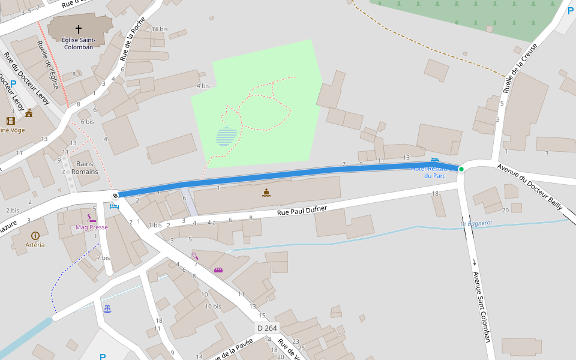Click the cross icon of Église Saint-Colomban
click(x=79, y=29)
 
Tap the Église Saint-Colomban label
click(x=78, y=43)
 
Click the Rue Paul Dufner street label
click(x=302, y=211)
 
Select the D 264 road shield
click(x=268, y=328)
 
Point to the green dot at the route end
click(x=461, y=169)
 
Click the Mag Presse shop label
click(x=92, y=227)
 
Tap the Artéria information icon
click(x=35, y=236)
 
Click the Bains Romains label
click(x=85, y=167)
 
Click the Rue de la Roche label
click(x=133, y=40)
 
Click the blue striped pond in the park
click(x=227, y=136)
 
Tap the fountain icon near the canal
click(x=107, y=308)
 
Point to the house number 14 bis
click(x=160, y=29)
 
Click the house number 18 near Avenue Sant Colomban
click(x=436, y=193)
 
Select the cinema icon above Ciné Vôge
click(x=11, y=121)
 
